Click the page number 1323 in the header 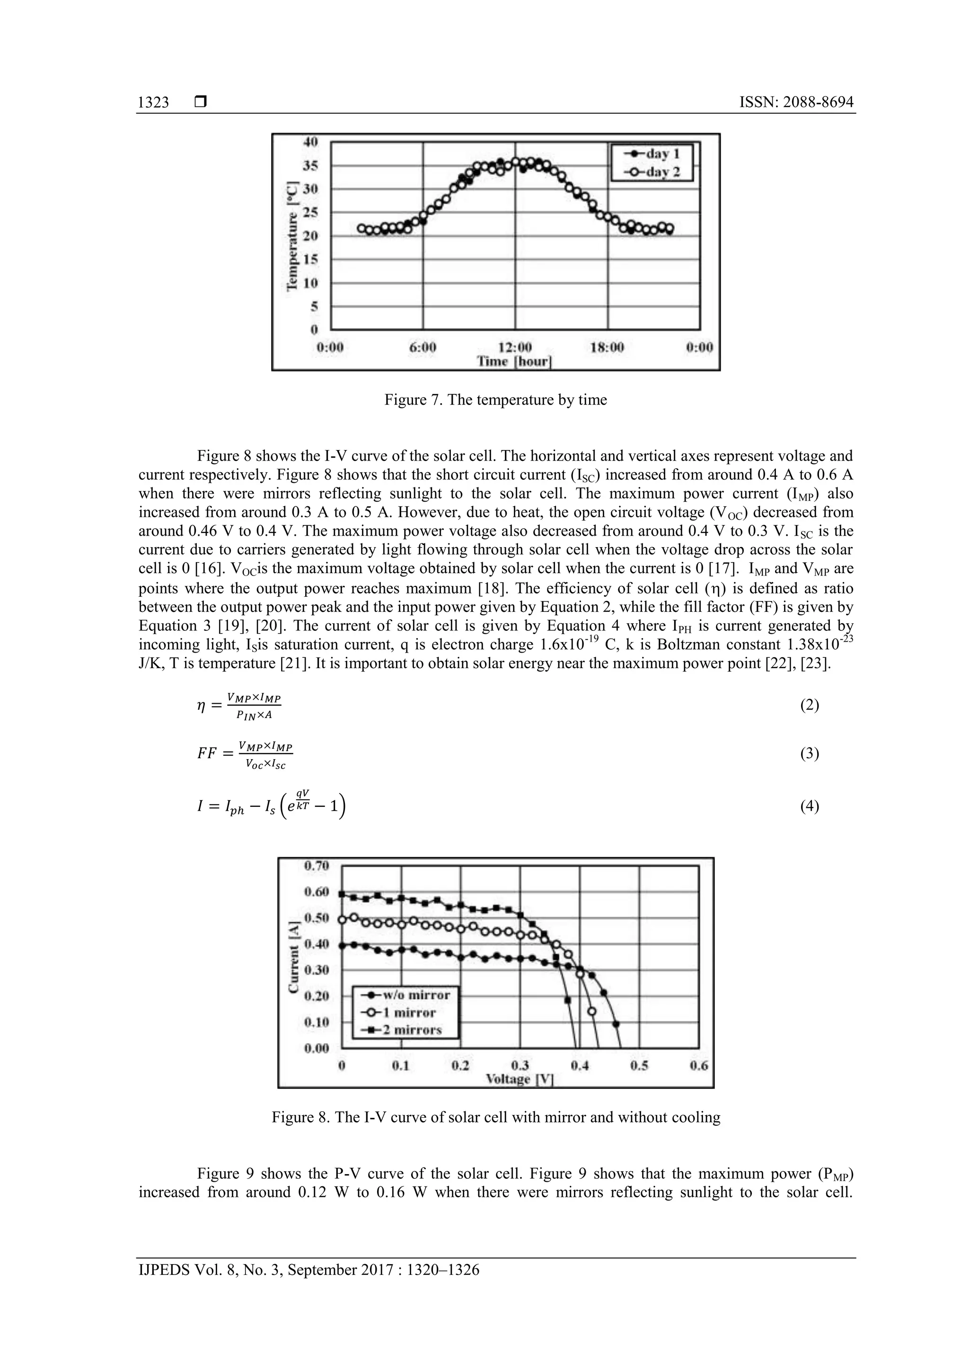(153, 102)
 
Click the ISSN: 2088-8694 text (796, 102)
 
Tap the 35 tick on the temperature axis (310, 166)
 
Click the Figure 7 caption (495, 399)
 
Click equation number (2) (809, 705)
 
